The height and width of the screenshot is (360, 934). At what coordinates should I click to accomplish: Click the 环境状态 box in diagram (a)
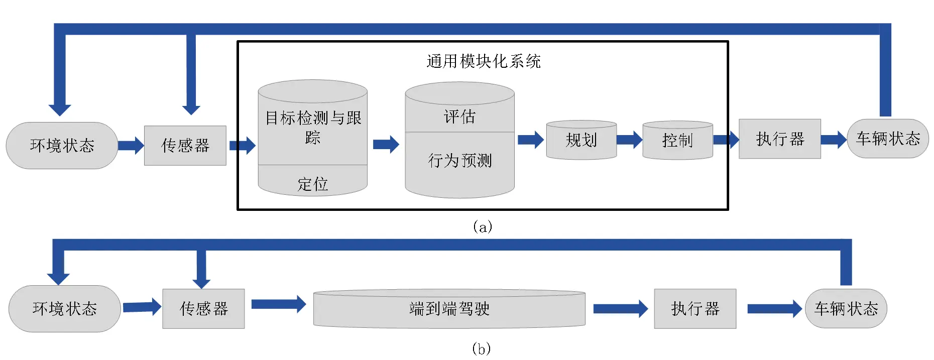[x=62, y=146]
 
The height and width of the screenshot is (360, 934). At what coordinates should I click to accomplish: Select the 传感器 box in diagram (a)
[x=185, y=146]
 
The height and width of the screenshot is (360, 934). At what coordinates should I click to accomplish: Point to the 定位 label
[x=312, y=184]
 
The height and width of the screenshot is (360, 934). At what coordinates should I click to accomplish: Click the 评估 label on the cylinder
[x=459, y=116]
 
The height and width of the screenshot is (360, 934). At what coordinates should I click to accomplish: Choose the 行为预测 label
[x=459, y=161]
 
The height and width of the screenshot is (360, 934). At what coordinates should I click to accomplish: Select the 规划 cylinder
[x=581, y=140]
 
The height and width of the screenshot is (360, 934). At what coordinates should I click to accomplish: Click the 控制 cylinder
[x=677, y=140]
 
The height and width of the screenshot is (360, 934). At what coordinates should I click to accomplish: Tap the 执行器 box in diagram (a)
[x=779, y=139]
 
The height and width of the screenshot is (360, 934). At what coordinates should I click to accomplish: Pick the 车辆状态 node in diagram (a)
[x=888, y=139]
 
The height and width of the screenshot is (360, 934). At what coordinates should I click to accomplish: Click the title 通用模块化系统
[x=483, y=61]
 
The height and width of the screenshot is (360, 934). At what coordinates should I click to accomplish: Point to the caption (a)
[x=482, y=226]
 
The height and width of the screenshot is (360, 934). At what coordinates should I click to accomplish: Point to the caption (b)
[x=481, y=348]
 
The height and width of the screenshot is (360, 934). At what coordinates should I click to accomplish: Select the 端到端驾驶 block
[x=449, y=308]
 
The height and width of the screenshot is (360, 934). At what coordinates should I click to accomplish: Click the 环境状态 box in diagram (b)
[x=64, y=308]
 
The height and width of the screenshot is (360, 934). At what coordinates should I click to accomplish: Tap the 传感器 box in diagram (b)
[x=203, y=308]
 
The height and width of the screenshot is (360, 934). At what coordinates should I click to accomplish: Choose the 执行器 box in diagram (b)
[x=695, y=308]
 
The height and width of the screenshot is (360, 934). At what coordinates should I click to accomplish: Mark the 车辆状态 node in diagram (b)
[x=846, y=308]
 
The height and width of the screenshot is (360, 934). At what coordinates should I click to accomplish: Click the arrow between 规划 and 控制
[x=629, y=140]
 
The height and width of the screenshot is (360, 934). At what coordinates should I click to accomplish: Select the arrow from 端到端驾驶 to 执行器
[x=620, y=308]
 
